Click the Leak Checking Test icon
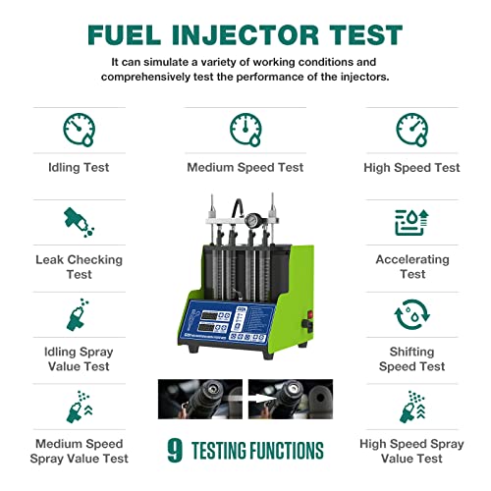tap(79, 222)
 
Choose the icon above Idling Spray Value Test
tap(79, 316)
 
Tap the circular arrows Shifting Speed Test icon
tap(412, 316)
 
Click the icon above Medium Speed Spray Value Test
tap(79, 407)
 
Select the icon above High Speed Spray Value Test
tap(412, 407)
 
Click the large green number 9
tap(175, 451)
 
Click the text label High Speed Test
tap(412, 168)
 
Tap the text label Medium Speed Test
tap(245, 168)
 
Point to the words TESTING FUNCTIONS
tap(257, 452)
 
